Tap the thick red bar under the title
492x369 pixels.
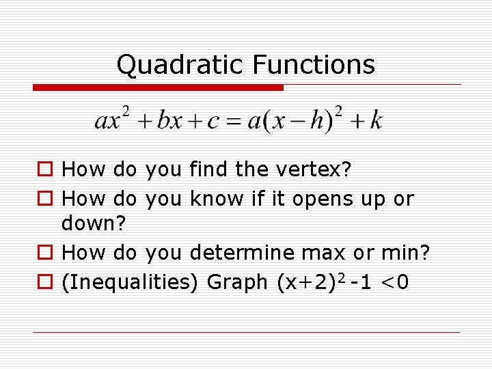pyautogui.click(x=158, y=87)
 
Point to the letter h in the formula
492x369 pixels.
pyautogui.click(x=316, y=121)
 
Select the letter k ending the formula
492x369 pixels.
pyautogui.click(x=376, y=121)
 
